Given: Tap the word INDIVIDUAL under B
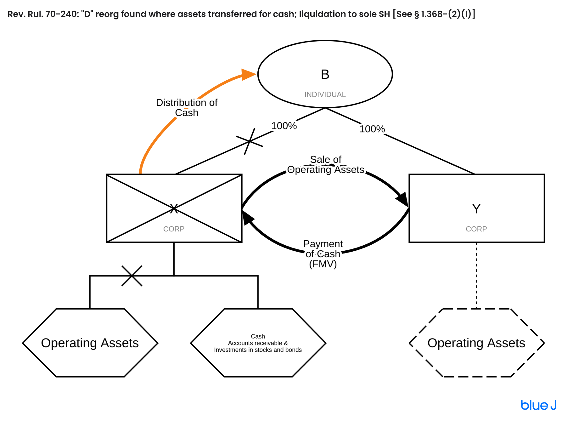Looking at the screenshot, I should pyautogui.click(x=325, y=94).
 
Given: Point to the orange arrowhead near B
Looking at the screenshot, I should pyautogui.click(x=248, y=75).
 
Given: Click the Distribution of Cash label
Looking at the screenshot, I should pyautogui.click(x=187, y=108).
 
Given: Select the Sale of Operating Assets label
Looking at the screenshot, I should pyautogui.click(x=326, y=165).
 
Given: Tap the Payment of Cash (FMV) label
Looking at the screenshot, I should pyautogui.click(x=323, y=253).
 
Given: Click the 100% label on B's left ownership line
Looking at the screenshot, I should pyautogui.click(x=284, y=126).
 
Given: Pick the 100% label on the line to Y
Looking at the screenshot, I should pyautogui.click(x=372, y=129).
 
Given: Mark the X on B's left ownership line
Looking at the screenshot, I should pyautogui.click(x=250, y=141).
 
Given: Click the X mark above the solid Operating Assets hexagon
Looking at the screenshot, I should pyautogui.click(x=132, y=276).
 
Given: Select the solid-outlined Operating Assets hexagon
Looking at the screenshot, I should pyautogui.click(x=90, y=343).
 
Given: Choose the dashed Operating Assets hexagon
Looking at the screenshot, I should pyautogui.click(x=476, y=343).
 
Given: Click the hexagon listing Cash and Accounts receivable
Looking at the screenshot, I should pyautogui.click(x=258, y=343).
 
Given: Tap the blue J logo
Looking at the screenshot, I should pyautogui.click(x=538, y=405).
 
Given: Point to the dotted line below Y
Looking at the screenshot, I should pyautogui.click(x=476, y=276).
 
